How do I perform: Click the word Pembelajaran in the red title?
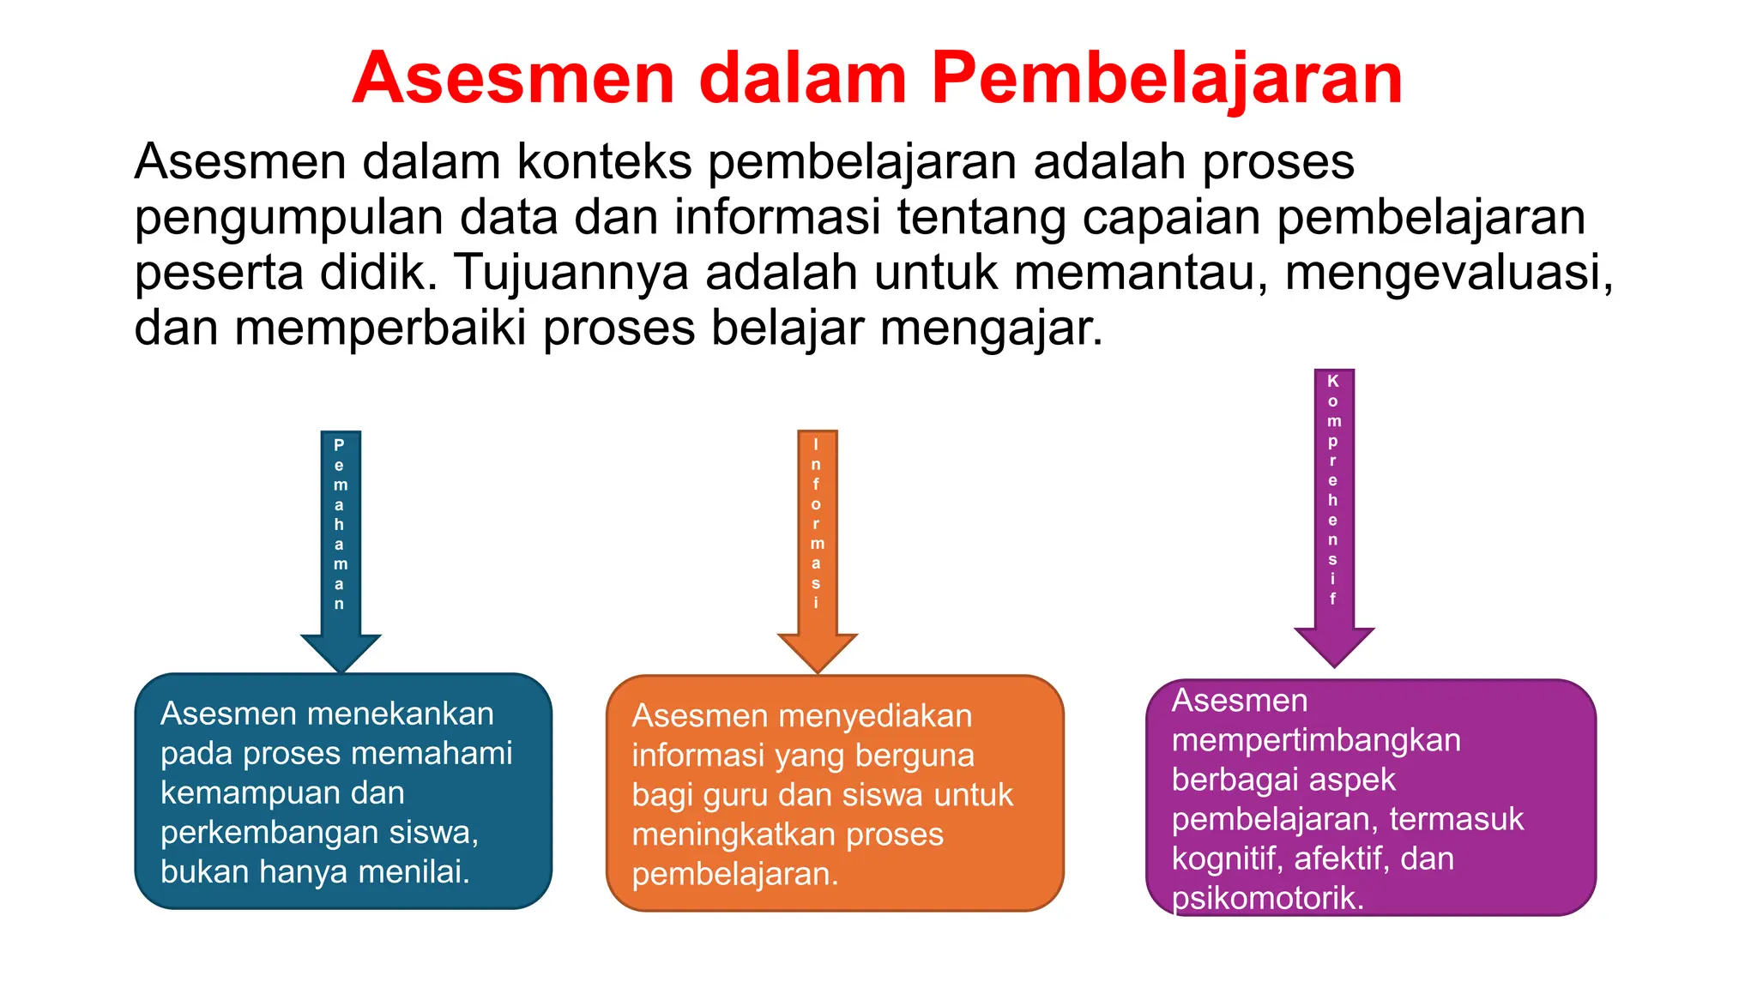point(1167,79)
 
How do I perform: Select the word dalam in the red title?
point(803,79)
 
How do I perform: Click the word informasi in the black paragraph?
point(776,217)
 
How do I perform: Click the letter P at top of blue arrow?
point(339,445)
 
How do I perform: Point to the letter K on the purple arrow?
point(1332,381)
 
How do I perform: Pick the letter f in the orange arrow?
point(816,485)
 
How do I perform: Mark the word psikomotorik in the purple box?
point(1267,899)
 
